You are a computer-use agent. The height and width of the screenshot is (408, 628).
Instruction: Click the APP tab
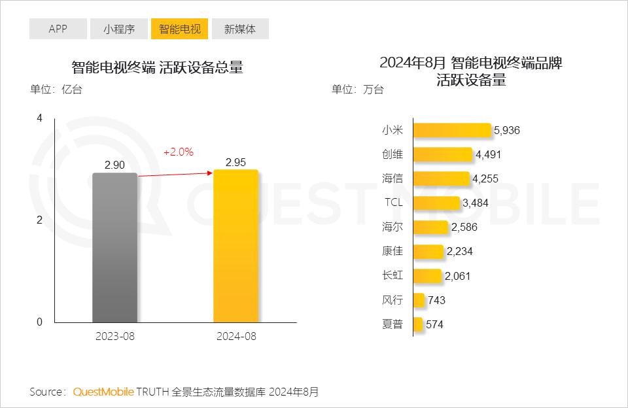(58, 29)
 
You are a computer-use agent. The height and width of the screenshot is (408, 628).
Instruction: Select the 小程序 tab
(118, 29)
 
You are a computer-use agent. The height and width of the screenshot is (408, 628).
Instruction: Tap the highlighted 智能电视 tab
(179, 29)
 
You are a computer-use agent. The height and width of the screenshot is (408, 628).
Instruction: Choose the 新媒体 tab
(240, 29)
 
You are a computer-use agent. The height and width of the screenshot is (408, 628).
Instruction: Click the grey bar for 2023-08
(115, 248)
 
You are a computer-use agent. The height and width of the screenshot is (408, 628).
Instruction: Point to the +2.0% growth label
(178, 152)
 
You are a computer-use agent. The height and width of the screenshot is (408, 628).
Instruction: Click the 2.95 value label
(235, 163)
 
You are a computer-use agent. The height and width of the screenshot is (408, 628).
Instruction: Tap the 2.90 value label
(114, 165)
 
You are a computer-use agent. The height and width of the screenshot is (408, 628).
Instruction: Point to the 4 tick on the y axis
(40, 118)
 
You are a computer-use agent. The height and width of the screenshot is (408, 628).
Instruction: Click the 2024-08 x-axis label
(235, 336)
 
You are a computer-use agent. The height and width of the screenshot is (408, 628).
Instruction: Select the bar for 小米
(452, 130)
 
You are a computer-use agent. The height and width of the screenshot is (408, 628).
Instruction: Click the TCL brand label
(393, 203)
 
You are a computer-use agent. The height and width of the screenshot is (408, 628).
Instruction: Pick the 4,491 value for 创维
(489, 155)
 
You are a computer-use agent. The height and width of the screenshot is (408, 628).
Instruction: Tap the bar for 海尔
(430, 228)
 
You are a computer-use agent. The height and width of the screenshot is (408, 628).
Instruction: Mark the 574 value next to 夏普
(434, 324)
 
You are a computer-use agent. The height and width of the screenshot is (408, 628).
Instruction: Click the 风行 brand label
(392, 300)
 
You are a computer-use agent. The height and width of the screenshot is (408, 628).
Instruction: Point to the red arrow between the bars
(175, 174)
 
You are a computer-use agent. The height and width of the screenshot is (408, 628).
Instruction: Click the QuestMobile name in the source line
(103, 392)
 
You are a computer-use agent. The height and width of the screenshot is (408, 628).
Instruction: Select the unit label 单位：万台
(358, 90)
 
